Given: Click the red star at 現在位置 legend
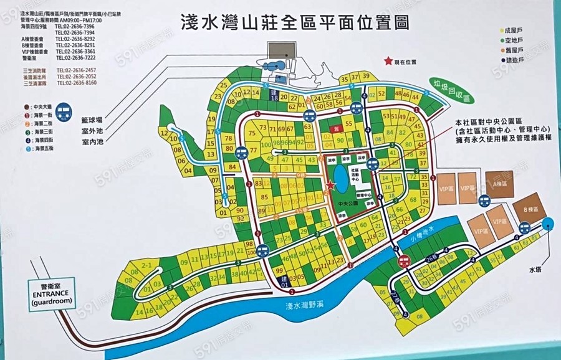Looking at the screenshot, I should click(x=389, y=61).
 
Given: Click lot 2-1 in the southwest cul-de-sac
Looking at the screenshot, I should click(x=147, y=266).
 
